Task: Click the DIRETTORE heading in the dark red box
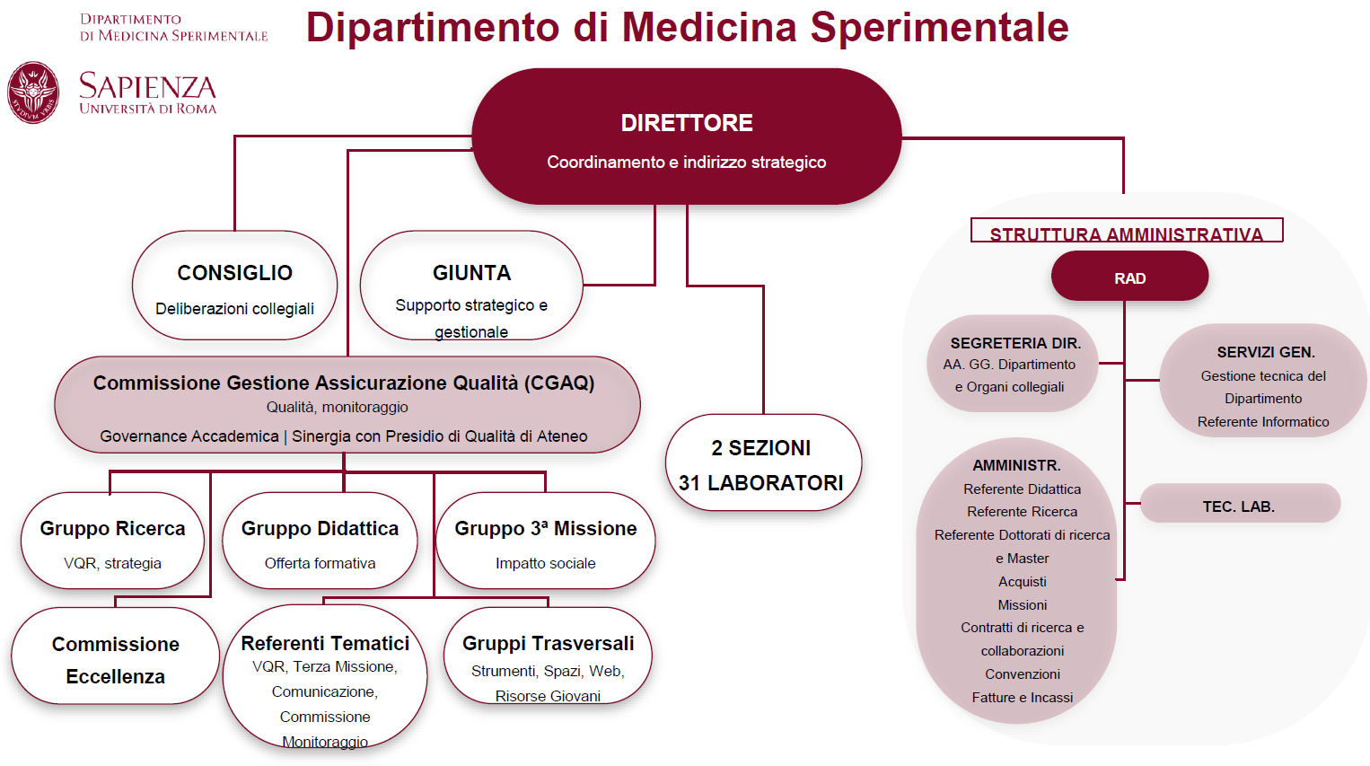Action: click(687, 123)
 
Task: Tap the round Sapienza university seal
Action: click(33, 92)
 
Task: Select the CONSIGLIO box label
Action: click(234, 273)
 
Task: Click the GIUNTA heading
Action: click(471, 273)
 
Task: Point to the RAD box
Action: click(1129, 277)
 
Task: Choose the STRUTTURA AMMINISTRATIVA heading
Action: click(1126, 234)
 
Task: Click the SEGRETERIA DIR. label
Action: click(1015, 343)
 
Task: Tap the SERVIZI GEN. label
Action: click(1265, 352)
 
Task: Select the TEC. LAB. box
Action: click(1239, 506)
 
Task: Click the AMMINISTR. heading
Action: click(1016, 465)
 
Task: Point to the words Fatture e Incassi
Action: click(1022, 697)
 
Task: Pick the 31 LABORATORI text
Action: click(760, 483)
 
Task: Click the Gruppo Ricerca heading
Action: click(112, 529)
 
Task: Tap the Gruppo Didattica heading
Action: click(320, 529)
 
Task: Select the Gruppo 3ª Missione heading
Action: click(545, 529)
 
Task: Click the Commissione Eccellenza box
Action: click(115, 660)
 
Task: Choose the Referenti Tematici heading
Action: click(325, 643)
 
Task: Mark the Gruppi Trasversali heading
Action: click(548, 643)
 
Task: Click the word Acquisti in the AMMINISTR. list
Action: click(1022, 582)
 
